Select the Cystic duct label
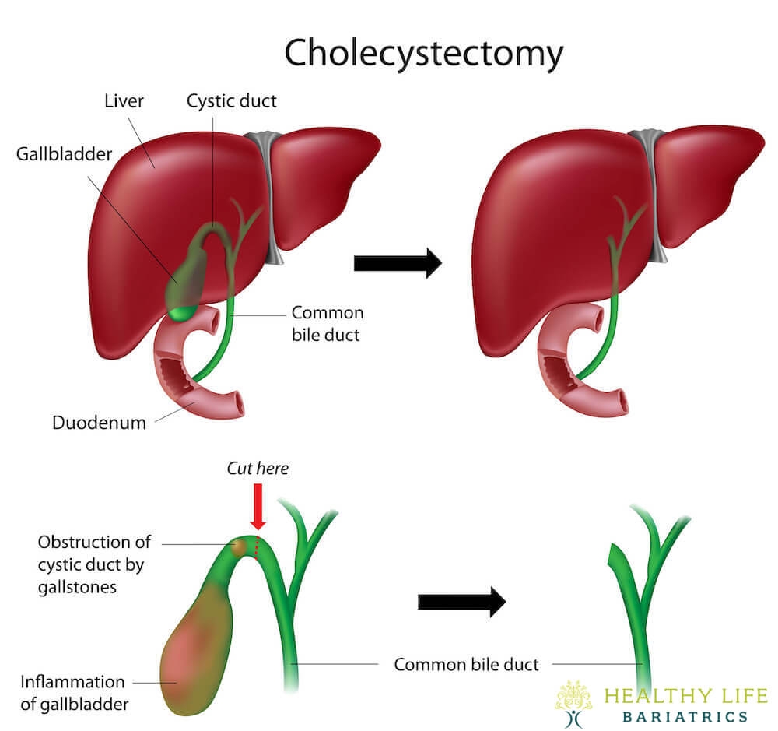(x=231, y=101)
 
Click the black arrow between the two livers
(x=397, y=263)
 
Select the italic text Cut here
(x=258, y=469)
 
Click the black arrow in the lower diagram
(x=461, y=601)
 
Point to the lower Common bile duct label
(x=466, y=664)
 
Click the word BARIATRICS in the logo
(x=685, y=716)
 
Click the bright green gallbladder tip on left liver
(x=182, y=313)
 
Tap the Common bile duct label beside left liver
(x=327, y=322)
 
